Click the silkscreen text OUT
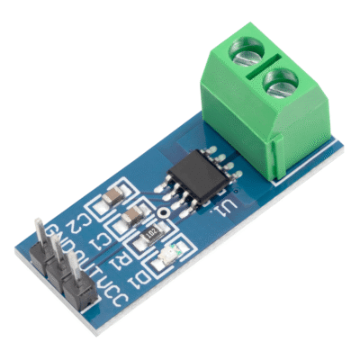point(83,265)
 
